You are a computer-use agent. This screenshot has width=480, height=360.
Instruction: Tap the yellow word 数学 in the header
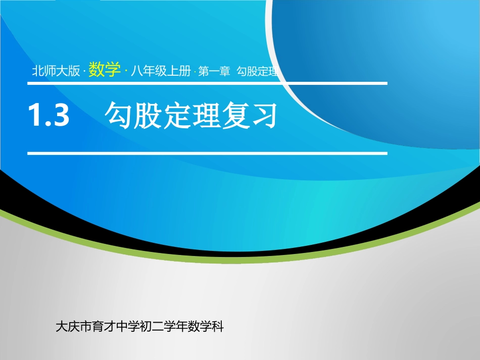click(x=104, y=71)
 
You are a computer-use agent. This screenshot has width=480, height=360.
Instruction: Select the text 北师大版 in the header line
click(x=56, y=72)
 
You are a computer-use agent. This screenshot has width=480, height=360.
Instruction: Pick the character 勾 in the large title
click(x=117, y=116)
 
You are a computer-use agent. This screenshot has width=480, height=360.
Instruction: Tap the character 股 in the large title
click(x=150, y=116)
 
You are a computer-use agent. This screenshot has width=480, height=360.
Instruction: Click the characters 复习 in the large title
click(x=248, y=116)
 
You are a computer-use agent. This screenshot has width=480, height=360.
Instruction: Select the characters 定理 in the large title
click(x=199, y=116)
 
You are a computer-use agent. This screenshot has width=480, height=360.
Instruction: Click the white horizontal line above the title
click(x=207, y=83)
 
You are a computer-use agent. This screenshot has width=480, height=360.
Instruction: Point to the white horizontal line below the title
click(x=207, y=152)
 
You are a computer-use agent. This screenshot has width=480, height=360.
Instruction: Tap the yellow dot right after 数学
click(x=125, y=72)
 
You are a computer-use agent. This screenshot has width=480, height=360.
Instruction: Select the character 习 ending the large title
click(x=264, y=116)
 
